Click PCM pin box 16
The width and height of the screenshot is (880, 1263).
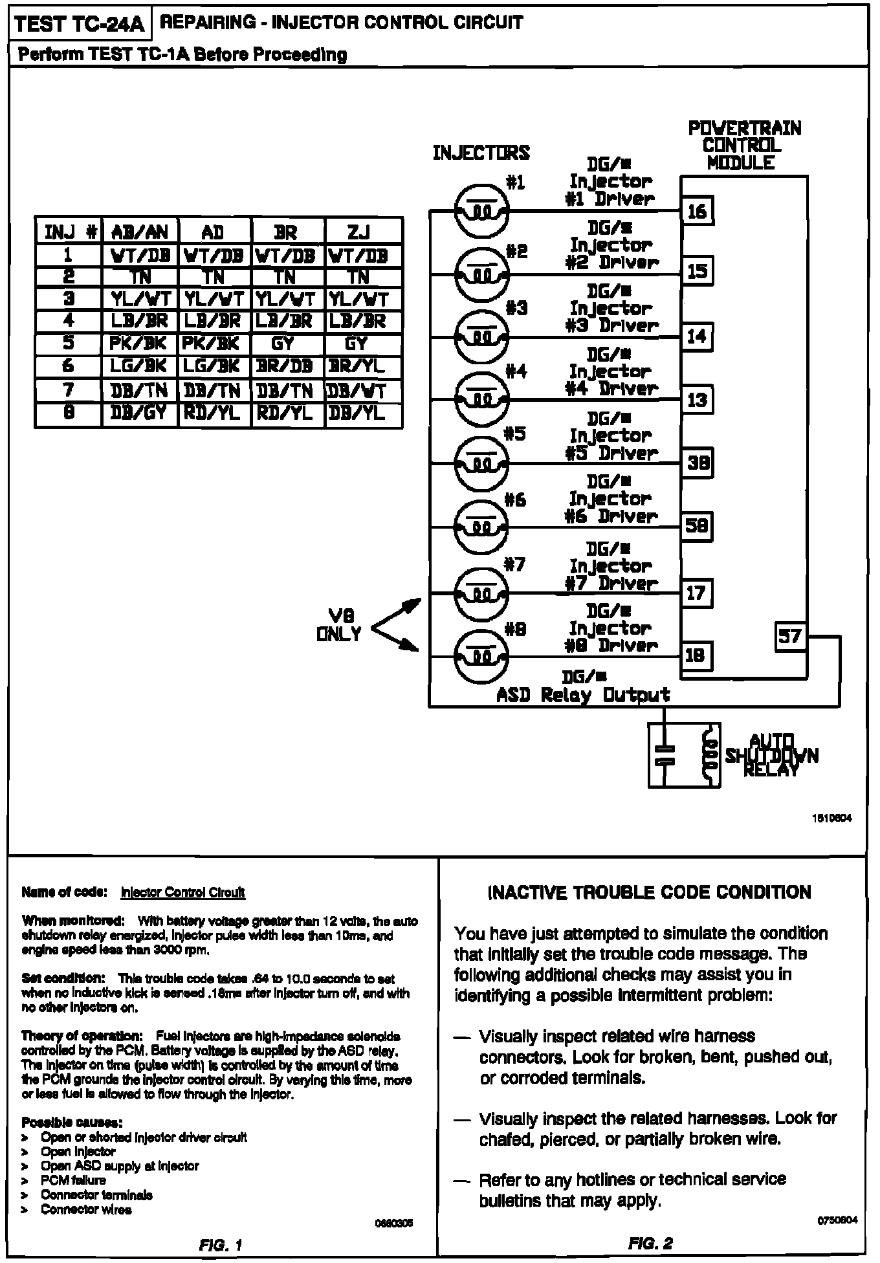698,210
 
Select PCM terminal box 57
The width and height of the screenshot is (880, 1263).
790,636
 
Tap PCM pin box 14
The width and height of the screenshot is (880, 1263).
697,336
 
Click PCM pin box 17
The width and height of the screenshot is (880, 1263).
697,593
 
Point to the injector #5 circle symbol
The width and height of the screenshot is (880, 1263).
482,463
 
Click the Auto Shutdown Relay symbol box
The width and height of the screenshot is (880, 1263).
684,755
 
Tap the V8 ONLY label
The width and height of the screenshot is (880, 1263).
340,625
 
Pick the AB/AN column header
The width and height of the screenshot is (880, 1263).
140,231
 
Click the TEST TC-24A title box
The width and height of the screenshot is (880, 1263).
80,24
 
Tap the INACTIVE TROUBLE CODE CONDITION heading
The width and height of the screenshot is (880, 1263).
648,893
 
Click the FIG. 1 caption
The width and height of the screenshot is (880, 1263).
220,1244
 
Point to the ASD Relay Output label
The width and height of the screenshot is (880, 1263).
583,696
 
